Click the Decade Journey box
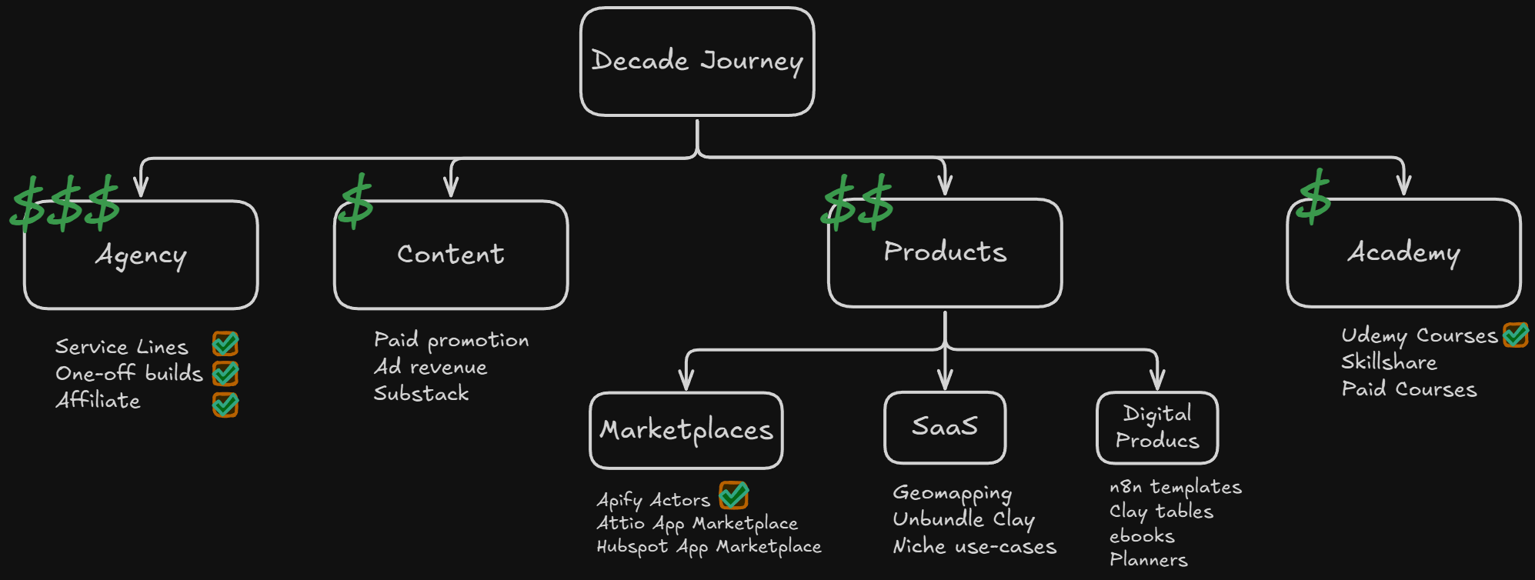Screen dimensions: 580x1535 tap(697, 62)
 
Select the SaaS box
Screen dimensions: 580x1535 tap(945, 428)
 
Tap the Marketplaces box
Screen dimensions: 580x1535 tap(686, 430)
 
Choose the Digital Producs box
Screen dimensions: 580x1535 tap(1157, 428)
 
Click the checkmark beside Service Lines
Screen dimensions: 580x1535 tap(225, 344)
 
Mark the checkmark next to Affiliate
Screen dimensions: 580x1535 tap(225, 404)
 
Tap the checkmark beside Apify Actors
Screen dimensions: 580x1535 tap(734, 495)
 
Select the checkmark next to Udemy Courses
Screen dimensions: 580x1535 tap(1516, 335)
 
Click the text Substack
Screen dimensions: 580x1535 tap(421, 394)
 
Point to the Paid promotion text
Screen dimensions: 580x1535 tap(451, 340)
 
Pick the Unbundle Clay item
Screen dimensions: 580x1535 tap(963, 520)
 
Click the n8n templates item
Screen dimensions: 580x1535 tap(1175, 487)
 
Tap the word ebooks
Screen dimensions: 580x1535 tap(1142, 536)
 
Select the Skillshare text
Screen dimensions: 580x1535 tap(1389, 362)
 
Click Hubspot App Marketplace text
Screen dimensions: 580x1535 tap(709, 547)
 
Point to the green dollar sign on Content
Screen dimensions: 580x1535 tap(356, 202)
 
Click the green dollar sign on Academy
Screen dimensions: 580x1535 tap(1314, 197)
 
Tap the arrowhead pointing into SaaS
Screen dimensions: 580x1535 tap(945, 380)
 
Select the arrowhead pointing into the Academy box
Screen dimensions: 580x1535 tap(1403, 187)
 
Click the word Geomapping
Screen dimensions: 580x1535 tap(952, 493)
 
